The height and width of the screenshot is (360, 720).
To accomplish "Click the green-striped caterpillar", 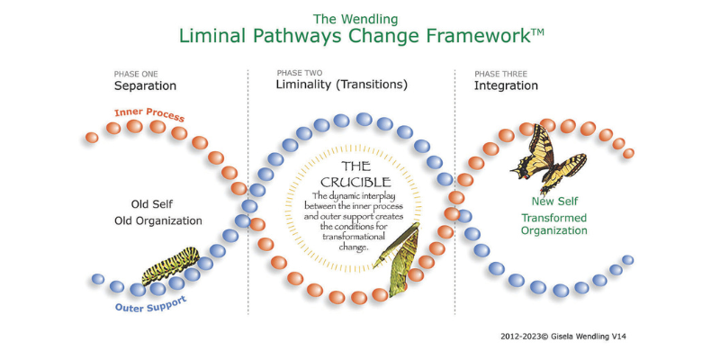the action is point(170,265).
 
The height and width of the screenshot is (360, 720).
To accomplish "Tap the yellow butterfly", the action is point(549,159).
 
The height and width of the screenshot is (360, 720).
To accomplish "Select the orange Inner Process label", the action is point(149,115).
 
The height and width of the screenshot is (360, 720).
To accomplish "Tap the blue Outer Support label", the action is point(150,304).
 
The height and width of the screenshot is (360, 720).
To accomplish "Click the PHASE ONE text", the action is point(136,74).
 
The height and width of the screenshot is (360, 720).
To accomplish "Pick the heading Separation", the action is point(145,85).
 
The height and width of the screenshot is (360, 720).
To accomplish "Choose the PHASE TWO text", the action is point(300,73).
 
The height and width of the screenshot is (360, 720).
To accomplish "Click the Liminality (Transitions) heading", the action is point(342,85).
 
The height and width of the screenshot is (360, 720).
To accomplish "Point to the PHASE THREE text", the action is point(501,74).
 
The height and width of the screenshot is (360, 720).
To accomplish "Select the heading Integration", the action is point(506,85).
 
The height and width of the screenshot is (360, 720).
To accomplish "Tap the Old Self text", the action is point(152,204).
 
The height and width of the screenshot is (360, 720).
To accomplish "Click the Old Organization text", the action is point(158,220).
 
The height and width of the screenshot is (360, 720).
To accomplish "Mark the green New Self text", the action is point(554,201).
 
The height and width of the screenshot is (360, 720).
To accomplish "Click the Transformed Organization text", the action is point(554,224).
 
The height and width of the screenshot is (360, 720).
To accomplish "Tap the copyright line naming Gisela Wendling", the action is point(563,337).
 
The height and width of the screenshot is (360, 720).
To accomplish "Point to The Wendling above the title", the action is point(355,19).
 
